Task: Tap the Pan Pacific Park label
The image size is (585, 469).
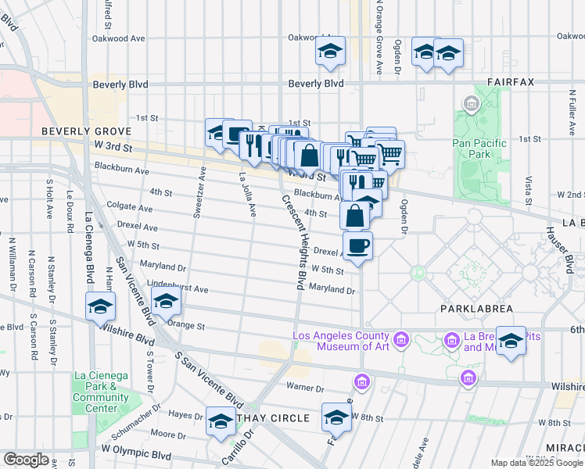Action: click(479, 149)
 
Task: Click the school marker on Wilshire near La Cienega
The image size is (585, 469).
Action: click(101, 307)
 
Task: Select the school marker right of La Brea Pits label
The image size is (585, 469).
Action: click(511, 342)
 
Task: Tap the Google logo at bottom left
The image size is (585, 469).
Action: click(26, 459)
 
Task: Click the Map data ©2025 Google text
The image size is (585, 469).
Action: click(536, 463)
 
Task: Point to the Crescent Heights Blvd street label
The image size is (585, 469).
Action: click(292, 242)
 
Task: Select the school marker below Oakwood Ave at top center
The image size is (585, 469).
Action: click(331, 52)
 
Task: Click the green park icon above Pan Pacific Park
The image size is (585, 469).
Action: click(471, 104)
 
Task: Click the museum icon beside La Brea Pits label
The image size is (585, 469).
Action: click(451, 340)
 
